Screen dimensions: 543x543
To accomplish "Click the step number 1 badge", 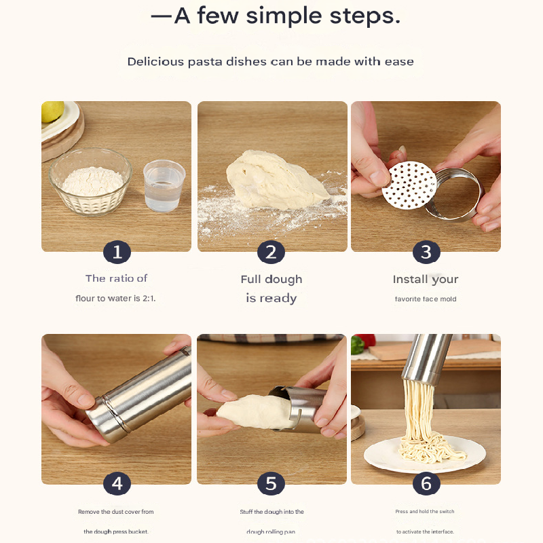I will (x=117, y=252).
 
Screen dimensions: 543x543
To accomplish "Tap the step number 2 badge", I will (x=271, y=252).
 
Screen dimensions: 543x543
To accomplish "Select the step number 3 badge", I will (x=426, y=252).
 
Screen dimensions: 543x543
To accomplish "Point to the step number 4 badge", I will (x=117, y=484).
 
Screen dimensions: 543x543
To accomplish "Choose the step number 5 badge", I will (x=271, y=484).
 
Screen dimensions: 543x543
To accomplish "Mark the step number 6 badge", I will (x=426, y=484).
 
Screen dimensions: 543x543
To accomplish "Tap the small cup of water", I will (x=164, y=185).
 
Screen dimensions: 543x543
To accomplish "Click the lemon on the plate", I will (x=52, y=111).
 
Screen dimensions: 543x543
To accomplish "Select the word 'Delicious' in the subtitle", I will (x=155, y=62).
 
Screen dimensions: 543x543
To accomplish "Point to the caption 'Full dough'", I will (x=271, y=280).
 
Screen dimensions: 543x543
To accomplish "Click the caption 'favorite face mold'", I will (x=426, y=299).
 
